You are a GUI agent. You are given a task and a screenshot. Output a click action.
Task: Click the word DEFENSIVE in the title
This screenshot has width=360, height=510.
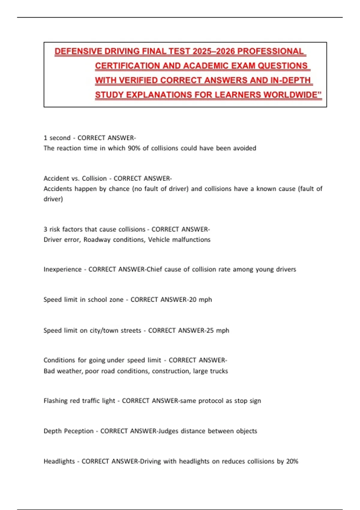tap(78, 51)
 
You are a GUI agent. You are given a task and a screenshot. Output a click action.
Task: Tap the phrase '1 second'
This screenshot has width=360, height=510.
tap(57, 138)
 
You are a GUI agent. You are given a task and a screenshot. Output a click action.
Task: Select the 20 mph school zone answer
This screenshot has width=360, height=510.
tap(200, 300)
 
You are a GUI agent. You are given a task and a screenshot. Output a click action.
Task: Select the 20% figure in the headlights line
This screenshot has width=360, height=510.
tap(292, 461)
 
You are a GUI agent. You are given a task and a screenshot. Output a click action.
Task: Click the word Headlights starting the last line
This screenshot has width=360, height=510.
tap(59, 461)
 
